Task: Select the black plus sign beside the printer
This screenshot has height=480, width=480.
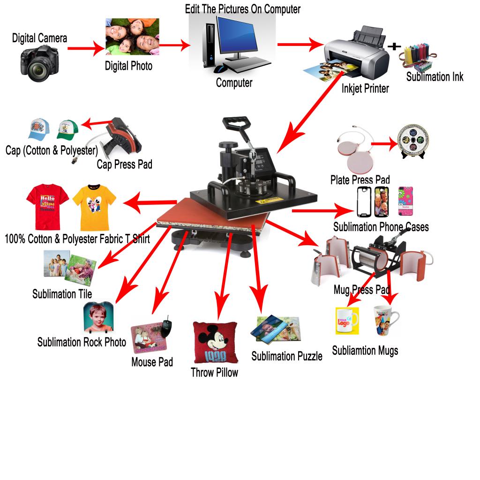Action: (394, 46)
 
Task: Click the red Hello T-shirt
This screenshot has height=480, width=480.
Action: (48, 207)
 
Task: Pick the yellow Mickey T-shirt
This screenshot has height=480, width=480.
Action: (94, 207)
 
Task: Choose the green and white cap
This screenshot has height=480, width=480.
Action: (67, 130)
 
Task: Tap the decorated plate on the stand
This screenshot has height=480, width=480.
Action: (413, 141)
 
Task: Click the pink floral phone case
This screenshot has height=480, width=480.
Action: (405, 201)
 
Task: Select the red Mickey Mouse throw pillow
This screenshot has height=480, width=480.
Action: (216, 342)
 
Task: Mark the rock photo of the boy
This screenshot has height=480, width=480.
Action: (98, 317)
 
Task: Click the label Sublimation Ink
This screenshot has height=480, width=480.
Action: (435, 77)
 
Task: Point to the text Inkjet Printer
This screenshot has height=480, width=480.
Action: (365, 89)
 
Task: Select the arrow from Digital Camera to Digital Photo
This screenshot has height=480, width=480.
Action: (86, 48)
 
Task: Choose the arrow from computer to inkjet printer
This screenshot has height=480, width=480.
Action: (300, 45)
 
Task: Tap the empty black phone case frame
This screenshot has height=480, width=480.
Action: (364, 202)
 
